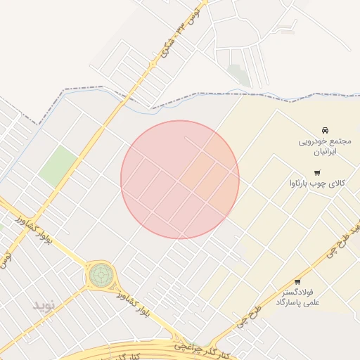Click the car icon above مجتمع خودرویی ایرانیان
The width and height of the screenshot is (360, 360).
point(325,131)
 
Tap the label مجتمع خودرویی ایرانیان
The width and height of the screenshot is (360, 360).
point(325,146)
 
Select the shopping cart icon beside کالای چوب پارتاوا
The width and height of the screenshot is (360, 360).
point(317,173)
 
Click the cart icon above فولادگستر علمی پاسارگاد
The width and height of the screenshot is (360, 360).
point(297,282)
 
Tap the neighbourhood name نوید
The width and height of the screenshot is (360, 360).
point(48,304)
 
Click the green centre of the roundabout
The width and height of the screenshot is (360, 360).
point(100,275)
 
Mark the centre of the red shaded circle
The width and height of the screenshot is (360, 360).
point(180,179)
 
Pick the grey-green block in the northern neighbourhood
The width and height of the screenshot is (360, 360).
point(239,75)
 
